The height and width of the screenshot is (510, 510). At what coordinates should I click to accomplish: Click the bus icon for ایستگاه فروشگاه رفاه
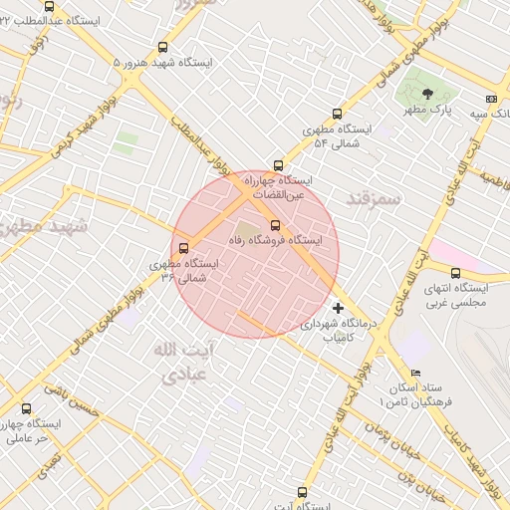point(275,225)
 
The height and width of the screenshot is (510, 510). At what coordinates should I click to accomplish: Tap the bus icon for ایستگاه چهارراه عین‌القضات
point(278,165)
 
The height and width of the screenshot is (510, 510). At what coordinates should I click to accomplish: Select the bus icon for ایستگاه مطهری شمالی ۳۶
point(182,248)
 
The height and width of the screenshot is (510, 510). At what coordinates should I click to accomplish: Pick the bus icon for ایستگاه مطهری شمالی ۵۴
point(337,114)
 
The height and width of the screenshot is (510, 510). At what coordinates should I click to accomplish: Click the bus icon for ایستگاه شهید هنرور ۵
point(162,46)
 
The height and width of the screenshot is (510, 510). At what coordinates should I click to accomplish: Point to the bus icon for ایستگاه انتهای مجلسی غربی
point(455,273)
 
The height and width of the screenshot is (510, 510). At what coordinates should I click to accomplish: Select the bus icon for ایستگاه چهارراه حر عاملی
point(26,408)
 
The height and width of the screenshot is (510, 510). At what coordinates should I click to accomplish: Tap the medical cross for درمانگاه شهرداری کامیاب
point(338,308)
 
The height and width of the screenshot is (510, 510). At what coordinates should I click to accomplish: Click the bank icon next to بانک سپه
point(491,99)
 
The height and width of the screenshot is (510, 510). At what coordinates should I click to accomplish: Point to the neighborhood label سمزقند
point(373,198)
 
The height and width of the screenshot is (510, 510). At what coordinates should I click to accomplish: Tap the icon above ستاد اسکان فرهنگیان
point(387,373)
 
